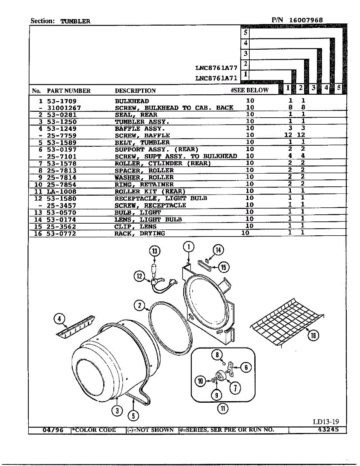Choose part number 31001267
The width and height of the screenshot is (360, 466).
(64, 108)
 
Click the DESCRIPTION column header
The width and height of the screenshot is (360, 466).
(135, 91)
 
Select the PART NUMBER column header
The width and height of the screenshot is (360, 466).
(69, 91)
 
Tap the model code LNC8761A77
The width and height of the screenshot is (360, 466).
(216, 68)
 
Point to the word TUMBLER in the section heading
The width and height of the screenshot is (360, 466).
(75, 21)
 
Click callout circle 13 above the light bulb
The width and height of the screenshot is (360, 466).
(155, 251)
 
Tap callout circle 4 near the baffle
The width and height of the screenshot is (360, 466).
(59, 319)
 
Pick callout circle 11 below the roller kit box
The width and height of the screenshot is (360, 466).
(223, 408)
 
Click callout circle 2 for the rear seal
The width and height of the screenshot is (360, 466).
(140, 305)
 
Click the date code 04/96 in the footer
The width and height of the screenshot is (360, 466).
(53, 430)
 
